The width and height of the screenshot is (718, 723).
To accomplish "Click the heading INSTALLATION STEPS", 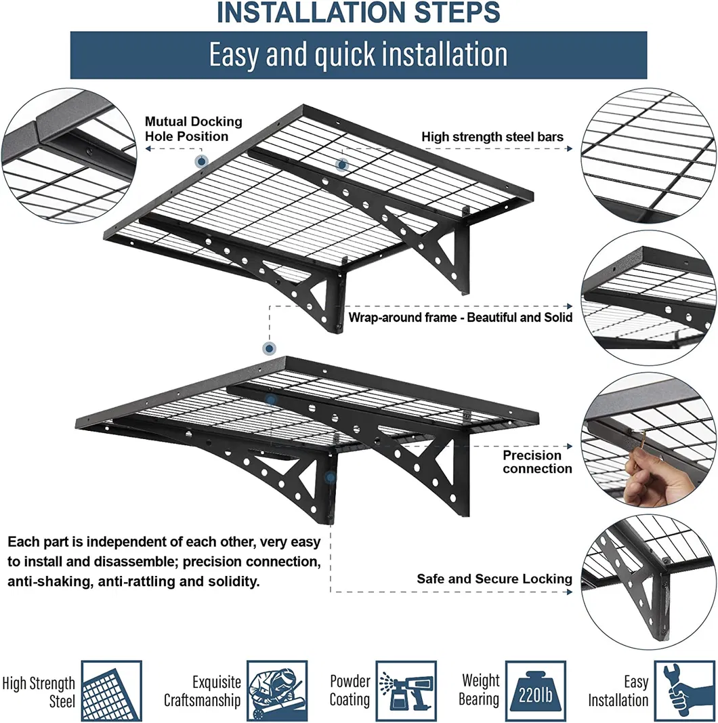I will click(x=358, y=13).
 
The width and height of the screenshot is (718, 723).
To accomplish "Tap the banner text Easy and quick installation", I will click(x=358, y=55).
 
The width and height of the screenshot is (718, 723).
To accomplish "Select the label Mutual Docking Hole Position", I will click(x=193, y=129).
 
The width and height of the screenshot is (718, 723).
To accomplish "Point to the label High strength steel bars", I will click(x=492, y=137).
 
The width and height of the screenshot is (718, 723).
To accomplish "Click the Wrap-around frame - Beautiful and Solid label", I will click(x=461, y=317).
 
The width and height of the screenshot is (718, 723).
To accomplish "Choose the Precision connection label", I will click(x=537, y=462).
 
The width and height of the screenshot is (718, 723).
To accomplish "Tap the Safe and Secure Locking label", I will click(x=494, y=579).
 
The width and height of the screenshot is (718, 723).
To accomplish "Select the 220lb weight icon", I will click(x=535, y=691).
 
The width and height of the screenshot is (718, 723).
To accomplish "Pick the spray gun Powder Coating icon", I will click(x=406, y=691).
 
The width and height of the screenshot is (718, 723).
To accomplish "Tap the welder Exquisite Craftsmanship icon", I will click(x=276, y=691).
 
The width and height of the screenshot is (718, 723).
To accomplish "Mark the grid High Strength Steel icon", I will click(x=111, y=691).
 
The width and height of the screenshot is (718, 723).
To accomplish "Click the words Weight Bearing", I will click(x=480, y=690).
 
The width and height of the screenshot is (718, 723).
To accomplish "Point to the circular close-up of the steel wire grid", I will click(x=648, y=156).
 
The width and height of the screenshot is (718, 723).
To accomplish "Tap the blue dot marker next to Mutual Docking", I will click(x=201, y=161).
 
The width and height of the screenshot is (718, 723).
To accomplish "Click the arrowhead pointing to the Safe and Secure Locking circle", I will click(x=569, y=592).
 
